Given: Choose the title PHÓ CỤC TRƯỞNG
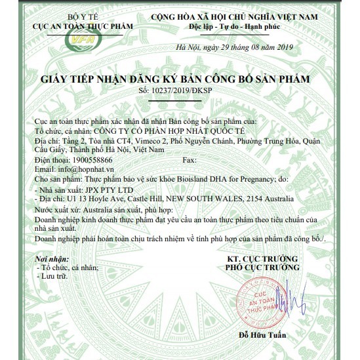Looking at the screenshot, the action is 262,268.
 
